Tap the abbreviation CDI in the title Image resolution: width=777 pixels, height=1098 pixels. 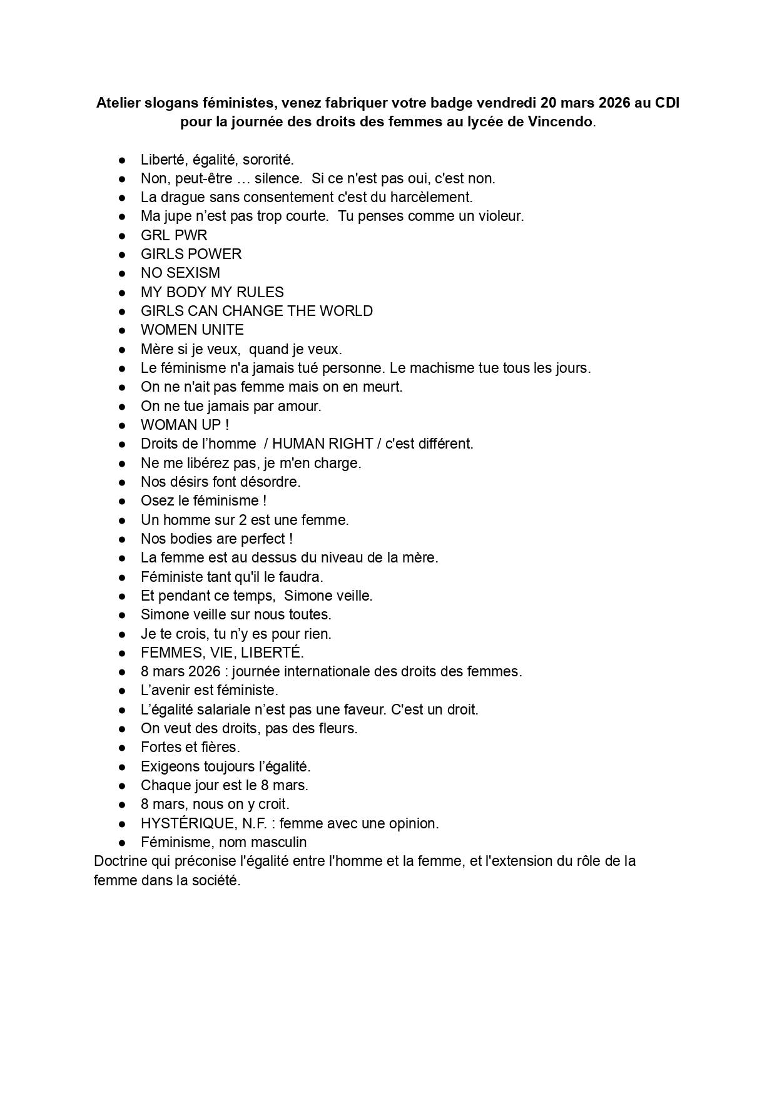[667, 103]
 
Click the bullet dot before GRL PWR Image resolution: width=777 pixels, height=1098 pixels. [123, 236]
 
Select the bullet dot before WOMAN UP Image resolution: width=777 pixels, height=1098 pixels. [123, 425]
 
